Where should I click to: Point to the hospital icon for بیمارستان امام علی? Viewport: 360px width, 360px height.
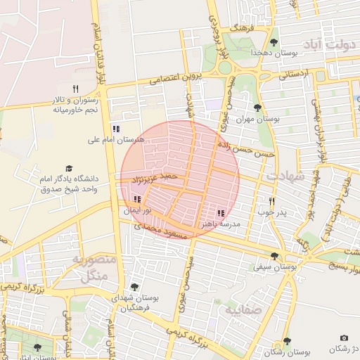click(x=116, y=129)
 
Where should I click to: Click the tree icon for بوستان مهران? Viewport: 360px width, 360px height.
click(x=257, y=108)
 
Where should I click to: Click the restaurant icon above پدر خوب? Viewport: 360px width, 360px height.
click(x=271, y=200)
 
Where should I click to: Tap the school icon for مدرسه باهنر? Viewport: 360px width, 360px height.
click(x=221, y=212)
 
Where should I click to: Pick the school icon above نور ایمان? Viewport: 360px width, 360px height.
click(x=136, y=200)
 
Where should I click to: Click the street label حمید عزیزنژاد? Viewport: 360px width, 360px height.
click(x=152, y=176)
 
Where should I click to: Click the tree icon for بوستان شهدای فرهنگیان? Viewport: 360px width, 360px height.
click(x=134, y=287)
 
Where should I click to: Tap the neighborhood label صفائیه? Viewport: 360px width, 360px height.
click(x=243, y=308)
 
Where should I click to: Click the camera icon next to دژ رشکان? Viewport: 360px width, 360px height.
click(x=344, y=338)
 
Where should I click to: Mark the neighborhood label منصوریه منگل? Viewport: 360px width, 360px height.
click(x=89, y=267)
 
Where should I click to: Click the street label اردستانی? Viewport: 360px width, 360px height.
click(x=296, y=74)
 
